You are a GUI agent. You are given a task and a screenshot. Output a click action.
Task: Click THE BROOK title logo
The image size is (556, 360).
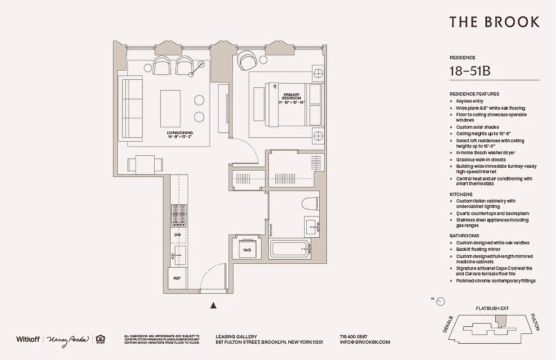click(x=494, y=22)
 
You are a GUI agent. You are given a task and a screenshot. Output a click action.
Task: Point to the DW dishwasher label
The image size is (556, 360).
click(x=178, y=235)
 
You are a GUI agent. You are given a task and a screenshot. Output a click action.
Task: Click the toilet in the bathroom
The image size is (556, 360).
click(x=311, y=204)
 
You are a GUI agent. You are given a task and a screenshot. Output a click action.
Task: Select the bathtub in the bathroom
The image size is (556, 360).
click(x=290, y=249)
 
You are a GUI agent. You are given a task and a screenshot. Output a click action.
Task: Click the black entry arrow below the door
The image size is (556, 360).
click(x=214, y=306)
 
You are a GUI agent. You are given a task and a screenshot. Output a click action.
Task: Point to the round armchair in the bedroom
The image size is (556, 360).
click(x=247, y=60)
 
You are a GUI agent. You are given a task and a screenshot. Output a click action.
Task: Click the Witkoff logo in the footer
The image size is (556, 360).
click(x=28, y=339)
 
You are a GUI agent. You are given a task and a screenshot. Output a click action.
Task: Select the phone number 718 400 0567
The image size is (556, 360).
click(x=354, y=337)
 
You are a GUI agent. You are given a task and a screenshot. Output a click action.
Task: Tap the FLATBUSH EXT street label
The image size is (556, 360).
click(x=492, y=309)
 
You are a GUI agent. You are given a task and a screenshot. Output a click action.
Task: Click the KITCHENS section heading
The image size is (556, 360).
click(x=461, y=194)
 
